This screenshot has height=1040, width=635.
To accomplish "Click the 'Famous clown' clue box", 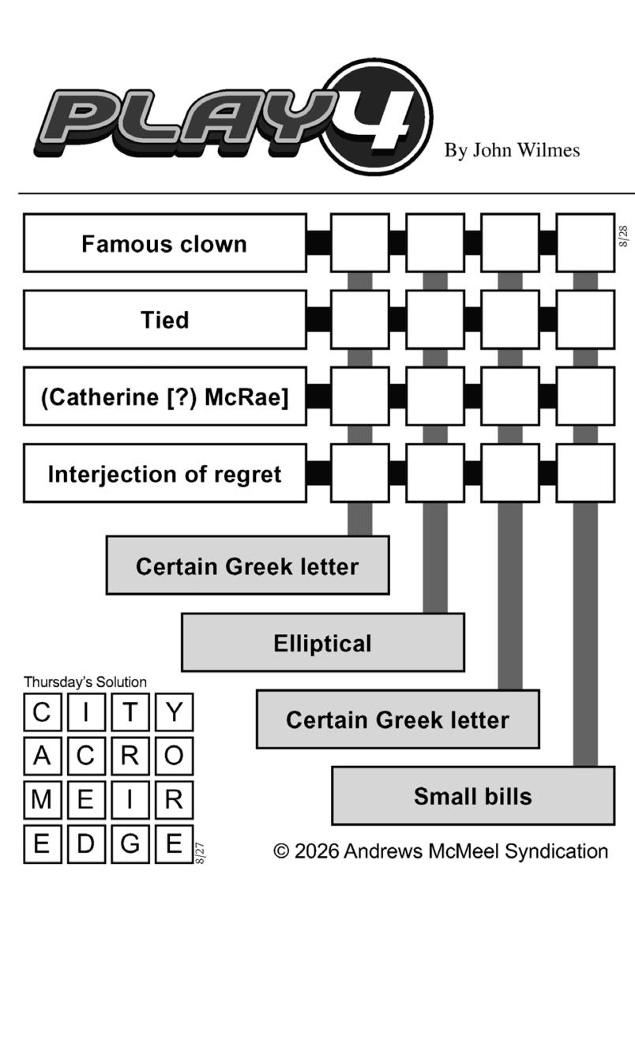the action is tap(165, 242).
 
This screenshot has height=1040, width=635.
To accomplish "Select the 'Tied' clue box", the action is tap(165, 320).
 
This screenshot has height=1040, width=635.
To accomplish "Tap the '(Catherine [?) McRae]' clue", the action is tap(165, 396).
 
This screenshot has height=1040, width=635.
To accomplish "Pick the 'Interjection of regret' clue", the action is tap(165, 473).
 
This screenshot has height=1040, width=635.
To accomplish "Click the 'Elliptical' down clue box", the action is tap(323, 643).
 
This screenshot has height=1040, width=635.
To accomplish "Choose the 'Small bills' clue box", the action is tap(473, 796).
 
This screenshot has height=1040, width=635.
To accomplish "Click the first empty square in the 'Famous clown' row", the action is tap(360, 242).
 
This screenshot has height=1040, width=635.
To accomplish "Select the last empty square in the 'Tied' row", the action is tap(586, 320).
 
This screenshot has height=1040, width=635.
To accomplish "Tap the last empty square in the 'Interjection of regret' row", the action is tap(586, 473).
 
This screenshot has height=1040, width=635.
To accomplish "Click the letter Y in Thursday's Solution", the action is tap(175, 711).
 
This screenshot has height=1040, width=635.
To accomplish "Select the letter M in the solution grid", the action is tap(41, 799).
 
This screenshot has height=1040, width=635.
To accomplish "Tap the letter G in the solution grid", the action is tap(130, 843).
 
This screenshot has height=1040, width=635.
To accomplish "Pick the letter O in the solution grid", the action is tap(175, 756).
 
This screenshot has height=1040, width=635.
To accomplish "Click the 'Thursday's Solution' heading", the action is tap(85, 682).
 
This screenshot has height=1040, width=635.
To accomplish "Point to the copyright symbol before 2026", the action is tap(281, 851).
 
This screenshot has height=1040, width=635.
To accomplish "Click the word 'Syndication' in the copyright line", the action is tap(556, 851).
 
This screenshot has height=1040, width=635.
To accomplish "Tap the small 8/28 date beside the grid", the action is tap(623, 236).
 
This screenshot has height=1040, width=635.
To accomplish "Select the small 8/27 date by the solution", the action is tap(200, 854).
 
